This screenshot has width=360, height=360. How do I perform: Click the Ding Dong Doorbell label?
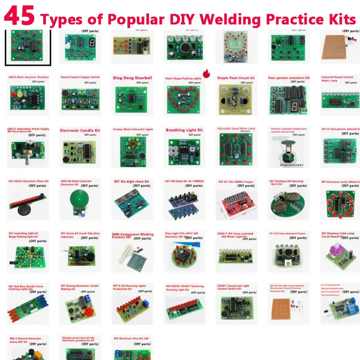tap(132, 78)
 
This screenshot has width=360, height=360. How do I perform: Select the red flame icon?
tap(207, 73)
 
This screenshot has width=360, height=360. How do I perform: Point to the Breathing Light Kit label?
tap(184, 130)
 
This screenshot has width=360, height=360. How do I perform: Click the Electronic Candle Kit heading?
tap(80, 130)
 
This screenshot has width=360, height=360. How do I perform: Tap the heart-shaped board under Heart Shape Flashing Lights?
tap(183, 97)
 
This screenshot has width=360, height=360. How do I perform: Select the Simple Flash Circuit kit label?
tap(236, 78)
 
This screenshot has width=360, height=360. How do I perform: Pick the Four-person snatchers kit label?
tap(288, 78)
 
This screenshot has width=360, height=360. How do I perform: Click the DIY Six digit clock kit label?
tap(130, 182)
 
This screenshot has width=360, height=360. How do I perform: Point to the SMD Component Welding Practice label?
tap(132, 236)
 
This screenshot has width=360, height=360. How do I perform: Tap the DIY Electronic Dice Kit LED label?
tap(131, 338)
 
